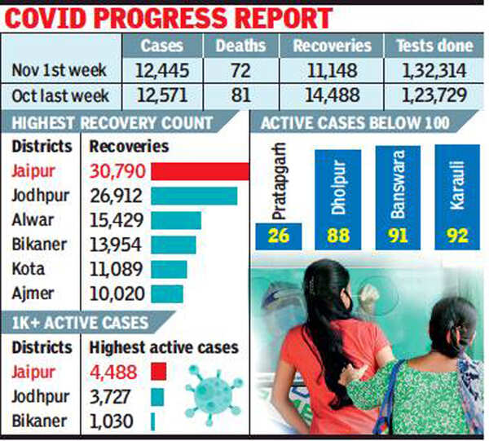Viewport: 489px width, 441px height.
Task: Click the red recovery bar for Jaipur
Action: point(200,172)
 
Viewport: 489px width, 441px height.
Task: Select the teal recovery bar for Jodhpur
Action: point(194,196)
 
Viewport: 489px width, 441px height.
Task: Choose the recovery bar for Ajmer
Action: point(167,293)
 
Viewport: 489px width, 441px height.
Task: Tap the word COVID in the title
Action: point(56,16)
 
